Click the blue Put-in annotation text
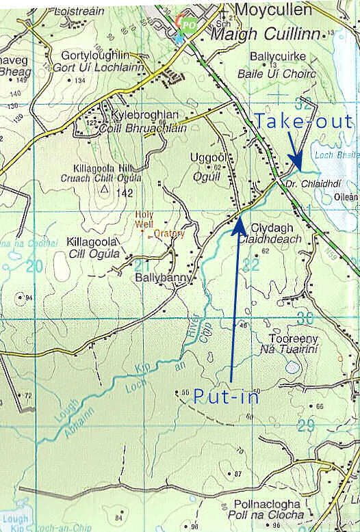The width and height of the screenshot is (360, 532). coord(226,396)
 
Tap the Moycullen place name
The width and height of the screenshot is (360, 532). coord(274,10)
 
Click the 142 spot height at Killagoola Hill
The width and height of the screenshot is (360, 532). coord(124,194)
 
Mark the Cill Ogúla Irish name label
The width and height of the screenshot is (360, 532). coord(93,254)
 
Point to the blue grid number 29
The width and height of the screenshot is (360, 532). coord(305,425)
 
